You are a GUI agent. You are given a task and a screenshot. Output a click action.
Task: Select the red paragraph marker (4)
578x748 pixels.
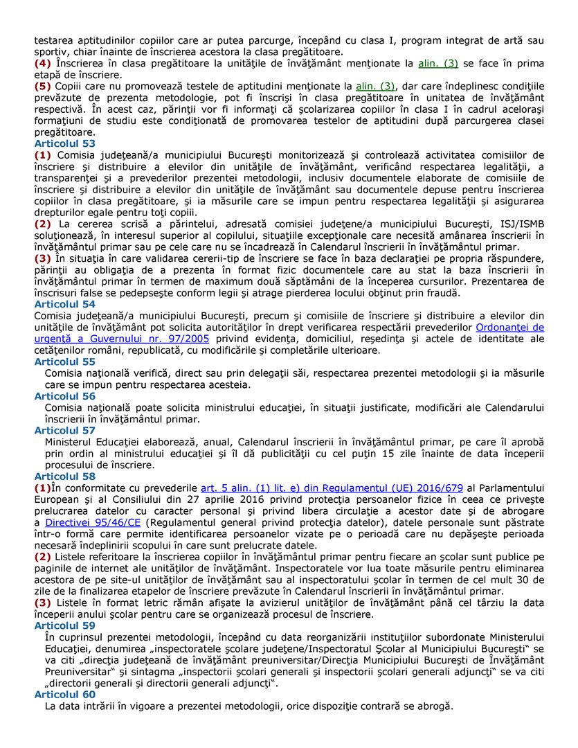(x=42, y=63)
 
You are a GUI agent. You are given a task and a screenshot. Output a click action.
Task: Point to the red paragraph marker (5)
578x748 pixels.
(x=42, y=86)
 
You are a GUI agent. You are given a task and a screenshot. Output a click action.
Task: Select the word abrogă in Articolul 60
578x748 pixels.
(x=434, y=706)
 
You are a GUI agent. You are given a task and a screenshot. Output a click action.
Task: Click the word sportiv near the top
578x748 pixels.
(x=51, y=51)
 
